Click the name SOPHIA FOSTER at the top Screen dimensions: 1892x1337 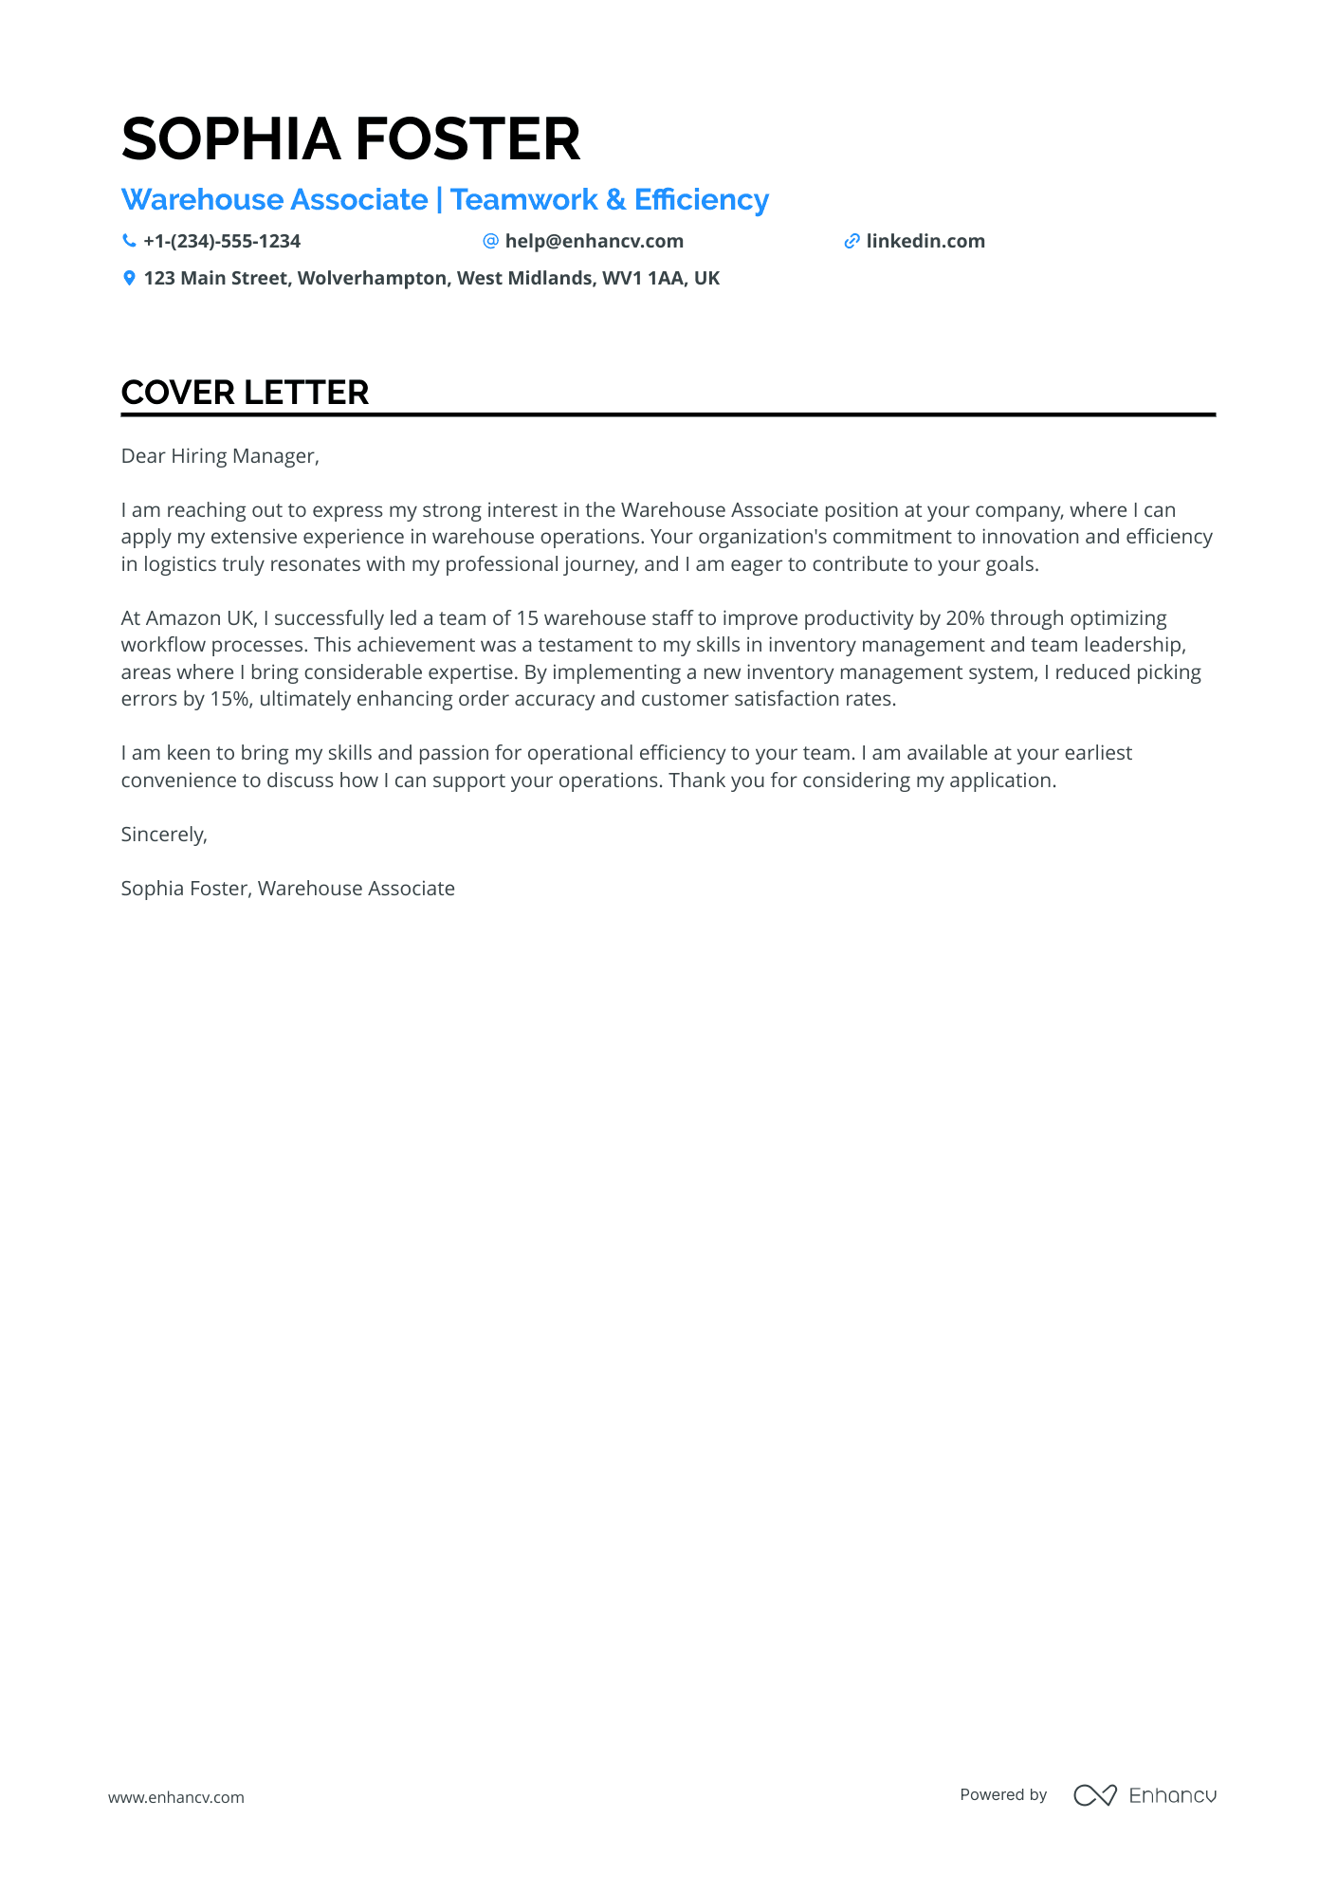pyautogui.click(x=350, y=139)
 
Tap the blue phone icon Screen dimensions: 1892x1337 pyautogui.click(x=129, y=241)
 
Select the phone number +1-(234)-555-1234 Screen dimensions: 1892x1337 pyautogui.click(x=222, y=241)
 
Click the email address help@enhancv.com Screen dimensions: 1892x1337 pyautogui.click(x=594, y=241)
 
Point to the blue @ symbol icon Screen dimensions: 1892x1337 pyautogui.click(x=490, y=241)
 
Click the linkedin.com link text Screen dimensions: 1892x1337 pyautogui.click(x=925, y=241)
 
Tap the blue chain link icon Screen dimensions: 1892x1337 pyautogui.click(x=852, y=241)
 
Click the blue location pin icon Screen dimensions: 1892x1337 pyautogui.click(x=129, y=278)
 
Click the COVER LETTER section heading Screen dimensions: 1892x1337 pyautogui.click(x=245, y=393)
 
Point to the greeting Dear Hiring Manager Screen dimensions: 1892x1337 pyautogui.click(x=220, y=456)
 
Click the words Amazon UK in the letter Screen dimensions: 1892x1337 pyautogui.click(x=200, y=618)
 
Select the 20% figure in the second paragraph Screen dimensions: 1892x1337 pyautogui.click(x=964, y=618)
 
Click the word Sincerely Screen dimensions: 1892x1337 pyautogui.click(x=163, y=835)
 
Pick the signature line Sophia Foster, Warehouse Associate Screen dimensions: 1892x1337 pyautogui.click(x=287, y=889)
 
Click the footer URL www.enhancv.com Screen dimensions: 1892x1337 pyautogui.click(x=175, y=1797)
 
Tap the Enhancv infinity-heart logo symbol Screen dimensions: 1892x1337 pyautogui.click(x=1094, y=1795)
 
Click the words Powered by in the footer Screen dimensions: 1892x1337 pyautogui.click(x=1002, y=1795)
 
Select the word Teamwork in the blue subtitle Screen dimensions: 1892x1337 pyautogui.click(x=523, y=200)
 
